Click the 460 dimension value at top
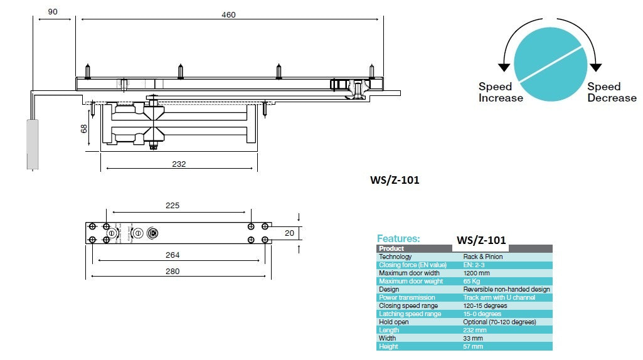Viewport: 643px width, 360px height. pyautogui.click(x=229, y=14)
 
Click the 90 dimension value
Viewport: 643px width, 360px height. pyautogui.click(x=52, y=12)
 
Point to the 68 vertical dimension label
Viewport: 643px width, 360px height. pyautogui.click(x=83, y=129)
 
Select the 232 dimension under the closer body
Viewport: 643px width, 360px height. pyautogui.click(x=179, y=164)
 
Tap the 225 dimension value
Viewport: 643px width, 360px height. pyautogui.click(x=172, y=206)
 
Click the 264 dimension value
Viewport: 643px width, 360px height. pyautogui.click(x=173, y=255)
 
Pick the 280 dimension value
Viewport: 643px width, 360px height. pyautogui.click(x=173, y=271)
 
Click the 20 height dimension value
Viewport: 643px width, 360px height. pyautogui.click(x=289, y=233)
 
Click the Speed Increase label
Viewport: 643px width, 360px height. pyautogui.click(x=500, y=92)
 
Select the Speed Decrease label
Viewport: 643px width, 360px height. pyautogui.click(x=612, y=92)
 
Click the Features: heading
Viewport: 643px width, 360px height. pyautogui.click(x=398, y=238)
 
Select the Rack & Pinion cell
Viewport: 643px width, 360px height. pyautogui.click(x=482, y=257)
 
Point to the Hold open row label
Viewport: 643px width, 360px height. pyautogui.click(x=393, y=322)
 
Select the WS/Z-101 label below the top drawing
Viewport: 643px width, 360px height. pyautogui.click(x=395, y=180)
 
